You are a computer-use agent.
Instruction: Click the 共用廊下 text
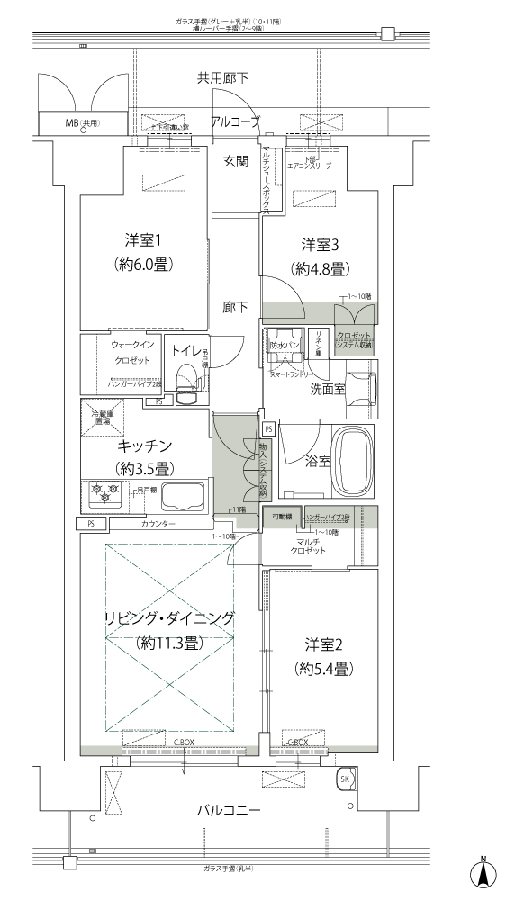(x=223, y=78)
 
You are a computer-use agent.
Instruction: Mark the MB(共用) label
(x=82, y=122)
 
